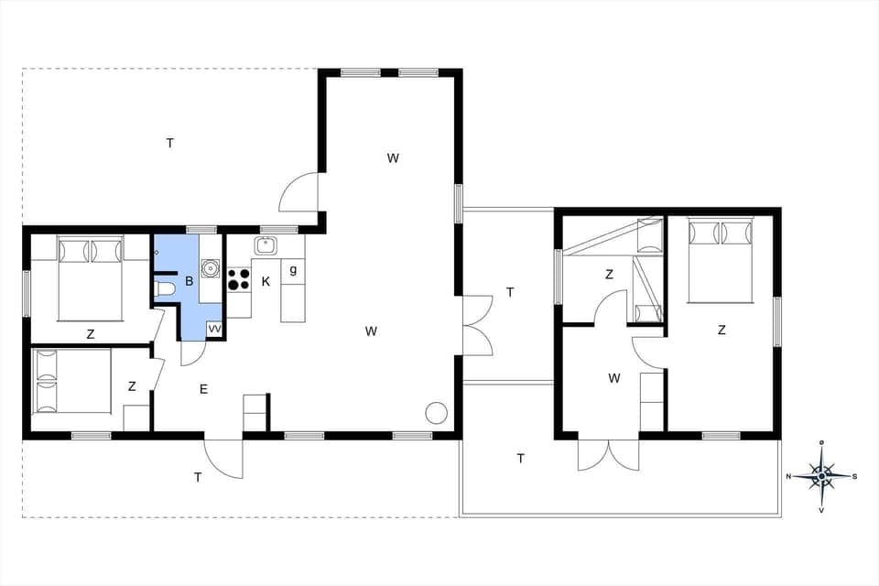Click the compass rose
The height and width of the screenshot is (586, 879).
822,475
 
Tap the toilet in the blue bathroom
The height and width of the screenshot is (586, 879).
166,288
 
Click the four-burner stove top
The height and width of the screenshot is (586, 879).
239,278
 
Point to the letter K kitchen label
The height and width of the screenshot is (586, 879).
266,281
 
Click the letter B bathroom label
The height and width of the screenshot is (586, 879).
190,281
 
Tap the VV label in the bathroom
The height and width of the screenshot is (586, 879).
214,328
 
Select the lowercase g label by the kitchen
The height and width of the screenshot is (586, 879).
293,269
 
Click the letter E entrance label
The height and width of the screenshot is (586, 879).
203,389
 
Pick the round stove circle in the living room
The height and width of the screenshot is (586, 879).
436,412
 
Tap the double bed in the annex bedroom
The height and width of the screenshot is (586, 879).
721,260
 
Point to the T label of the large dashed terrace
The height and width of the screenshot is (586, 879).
169,143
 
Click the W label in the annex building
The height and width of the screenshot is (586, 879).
614,377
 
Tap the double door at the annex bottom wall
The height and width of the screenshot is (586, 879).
609,453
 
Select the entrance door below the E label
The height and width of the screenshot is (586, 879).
224,457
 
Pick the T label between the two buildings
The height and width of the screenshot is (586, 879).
510,292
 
